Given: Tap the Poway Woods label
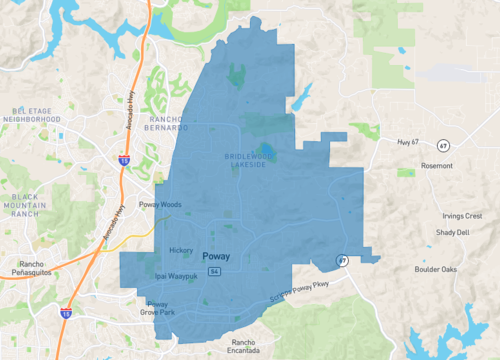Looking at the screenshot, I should click(160, 205).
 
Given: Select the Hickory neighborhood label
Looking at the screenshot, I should click(181, 250).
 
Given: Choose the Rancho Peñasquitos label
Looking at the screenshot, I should click(26, 269).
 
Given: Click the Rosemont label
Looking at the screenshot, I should click(436, 166).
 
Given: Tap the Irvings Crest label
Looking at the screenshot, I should click(460, 216).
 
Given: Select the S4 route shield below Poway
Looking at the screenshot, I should click(212, 271).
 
